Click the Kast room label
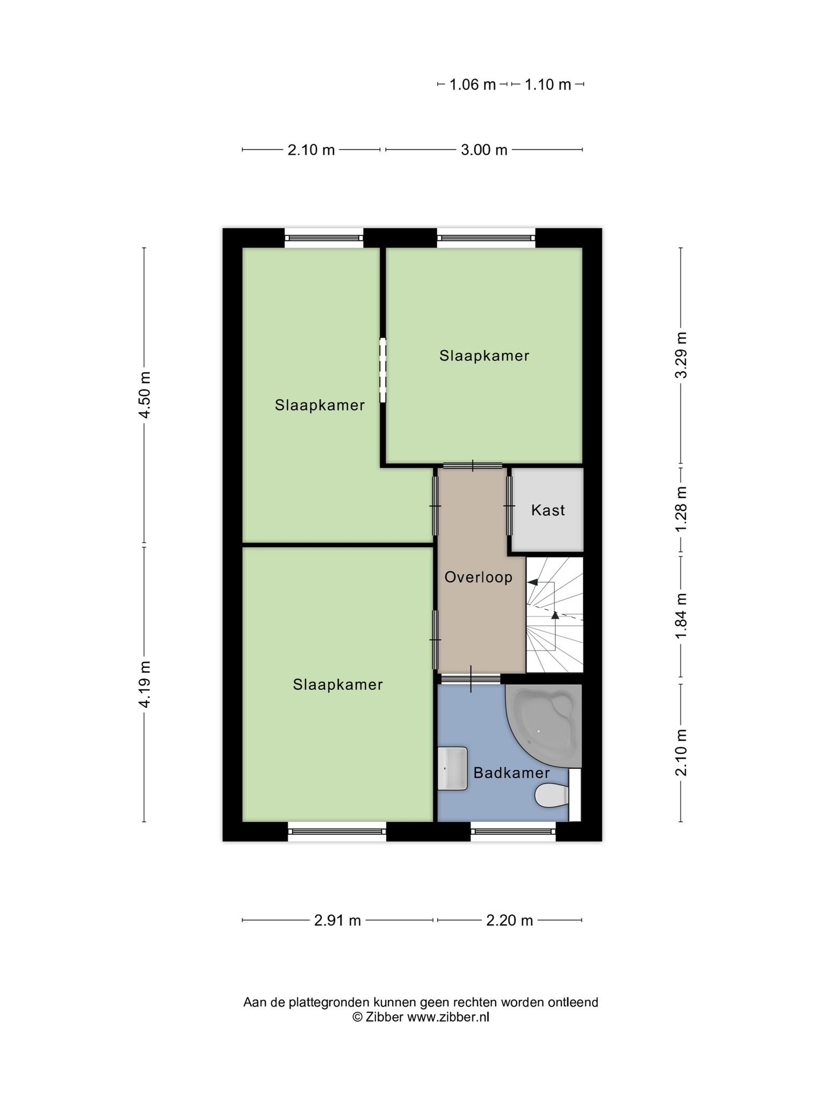(x=548, y=510)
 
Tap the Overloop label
(x=479, y=577)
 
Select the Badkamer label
(x=511, y=773)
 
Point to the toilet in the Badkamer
(x=552, y=795)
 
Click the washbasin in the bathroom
(x=452, y=769)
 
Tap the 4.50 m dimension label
(x=144, y=395)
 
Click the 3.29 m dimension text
(x=681, y=355)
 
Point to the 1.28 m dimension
(x=681, y=509)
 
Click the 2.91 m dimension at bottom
(x=337, y=921)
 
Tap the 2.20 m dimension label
(x=509, y=921)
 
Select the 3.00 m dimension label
(x=484, y=150)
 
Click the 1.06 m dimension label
(x=472, y=84)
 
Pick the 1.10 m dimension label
(x=547, y=84)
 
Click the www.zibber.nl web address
(x=448, y=1017)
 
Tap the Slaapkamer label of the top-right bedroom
(x=484, y=356)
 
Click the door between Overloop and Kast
(x=509, y=506)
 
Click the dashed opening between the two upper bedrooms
(x=383, y=370)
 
